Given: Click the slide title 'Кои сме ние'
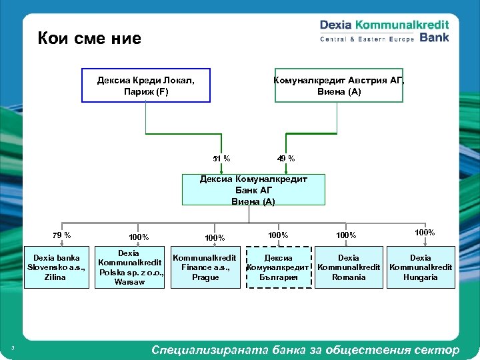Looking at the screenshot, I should pyautogui.click(x=89, y=38).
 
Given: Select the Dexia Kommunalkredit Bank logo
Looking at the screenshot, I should pyautogui.click(x=385, y=31).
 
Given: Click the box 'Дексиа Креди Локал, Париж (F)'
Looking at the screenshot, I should pyautogui.click(x=146, y=85).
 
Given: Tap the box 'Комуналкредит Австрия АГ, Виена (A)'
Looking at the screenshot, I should pyautogui.click(x=339, y=85).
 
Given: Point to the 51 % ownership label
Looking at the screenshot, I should pyautogui.click(x=221, y=159).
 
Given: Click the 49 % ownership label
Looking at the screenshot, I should pyautogui.click(x=286, y=159).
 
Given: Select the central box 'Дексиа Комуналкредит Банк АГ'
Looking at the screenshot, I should pyautogui.click(x=253, y=190).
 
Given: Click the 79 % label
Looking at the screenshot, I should pyautogui.click(x=61, y=235).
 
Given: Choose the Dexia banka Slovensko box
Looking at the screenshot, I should pyautogui.click(x=57, y=267).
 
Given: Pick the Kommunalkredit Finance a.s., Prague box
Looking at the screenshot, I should pyautogui.click(x=205, y=267).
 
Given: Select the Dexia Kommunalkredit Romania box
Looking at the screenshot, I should pyautogui.click(x=348, y=267).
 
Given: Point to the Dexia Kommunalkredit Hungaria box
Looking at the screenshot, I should pyautogui.click(x=420, y=267).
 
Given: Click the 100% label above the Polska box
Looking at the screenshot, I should pyautogui.click(x=139, y=237).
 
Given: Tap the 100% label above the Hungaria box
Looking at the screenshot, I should pyautogui.click(x=425, y=233).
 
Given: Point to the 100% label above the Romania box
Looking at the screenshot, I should pyautogui.click(x=347, y=235).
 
